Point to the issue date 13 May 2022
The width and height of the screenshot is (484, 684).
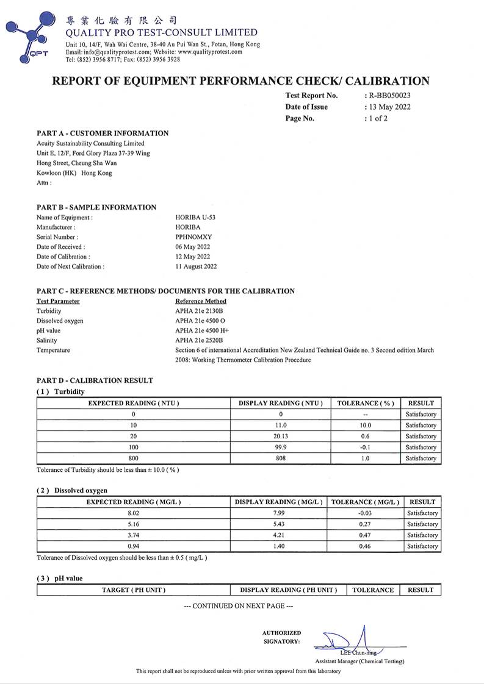pyautogui.click(x=389, y=107)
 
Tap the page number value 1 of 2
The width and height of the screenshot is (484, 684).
pyautogui.click(x=377, y=119)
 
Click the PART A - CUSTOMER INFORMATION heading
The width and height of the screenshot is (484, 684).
pyautogui.click(x=103, y=134)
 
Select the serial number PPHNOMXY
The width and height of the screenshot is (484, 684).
pyautogui.click(x=193, y=237)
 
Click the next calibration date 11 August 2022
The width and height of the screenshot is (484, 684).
pyautogui.click(x=196, y=266)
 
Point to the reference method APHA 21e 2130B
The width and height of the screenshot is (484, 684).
pyautogui.click(x=199, y=311)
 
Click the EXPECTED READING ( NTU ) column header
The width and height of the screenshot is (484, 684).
pyautogui.click(x=134, y=403)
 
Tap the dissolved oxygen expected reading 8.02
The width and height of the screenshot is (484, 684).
pyautogui.click(x=134, y=513)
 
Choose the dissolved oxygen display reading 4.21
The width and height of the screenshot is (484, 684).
pyautogui.click(x=279, y=535)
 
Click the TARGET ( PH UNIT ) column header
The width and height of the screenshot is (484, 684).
pyautogui.click(x=133, y=590)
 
